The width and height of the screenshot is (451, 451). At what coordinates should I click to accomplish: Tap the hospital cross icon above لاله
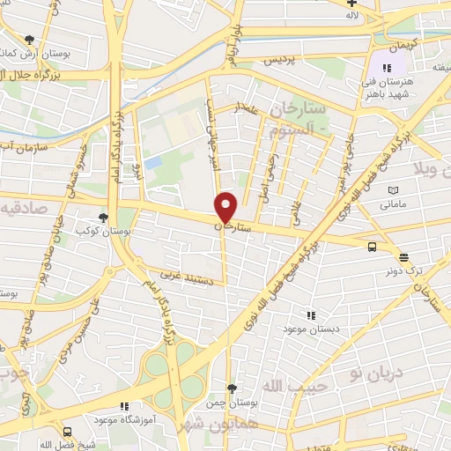[352, 4]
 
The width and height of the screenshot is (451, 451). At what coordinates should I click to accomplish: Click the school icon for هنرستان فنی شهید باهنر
[386, 68]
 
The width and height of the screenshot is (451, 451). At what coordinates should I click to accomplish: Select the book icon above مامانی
[394, 190]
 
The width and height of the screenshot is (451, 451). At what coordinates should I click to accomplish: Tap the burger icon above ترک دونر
[403, 257]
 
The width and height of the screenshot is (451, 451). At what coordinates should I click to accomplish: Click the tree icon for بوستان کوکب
[105, 217]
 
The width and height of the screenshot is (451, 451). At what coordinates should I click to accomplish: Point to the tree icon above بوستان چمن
[232, 388]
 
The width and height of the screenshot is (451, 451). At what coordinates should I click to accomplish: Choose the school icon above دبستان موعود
[309, 314]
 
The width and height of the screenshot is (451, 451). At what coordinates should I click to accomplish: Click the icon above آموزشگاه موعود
[124, 406]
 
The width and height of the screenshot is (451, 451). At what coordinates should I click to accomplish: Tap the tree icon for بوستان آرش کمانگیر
[31, 40]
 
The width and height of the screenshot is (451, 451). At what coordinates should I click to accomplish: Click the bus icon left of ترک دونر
[372, 248]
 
